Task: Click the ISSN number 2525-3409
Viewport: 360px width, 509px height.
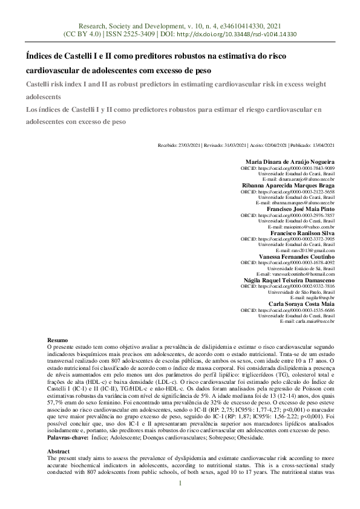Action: pos(137,34)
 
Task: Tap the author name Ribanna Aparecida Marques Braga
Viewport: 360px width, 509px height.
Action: pos(287,184)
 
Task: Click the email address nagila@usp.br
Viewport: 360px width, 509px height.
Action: pos(321,297)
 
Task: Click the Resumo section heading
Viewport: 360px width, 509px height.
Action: pos(57,341)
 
